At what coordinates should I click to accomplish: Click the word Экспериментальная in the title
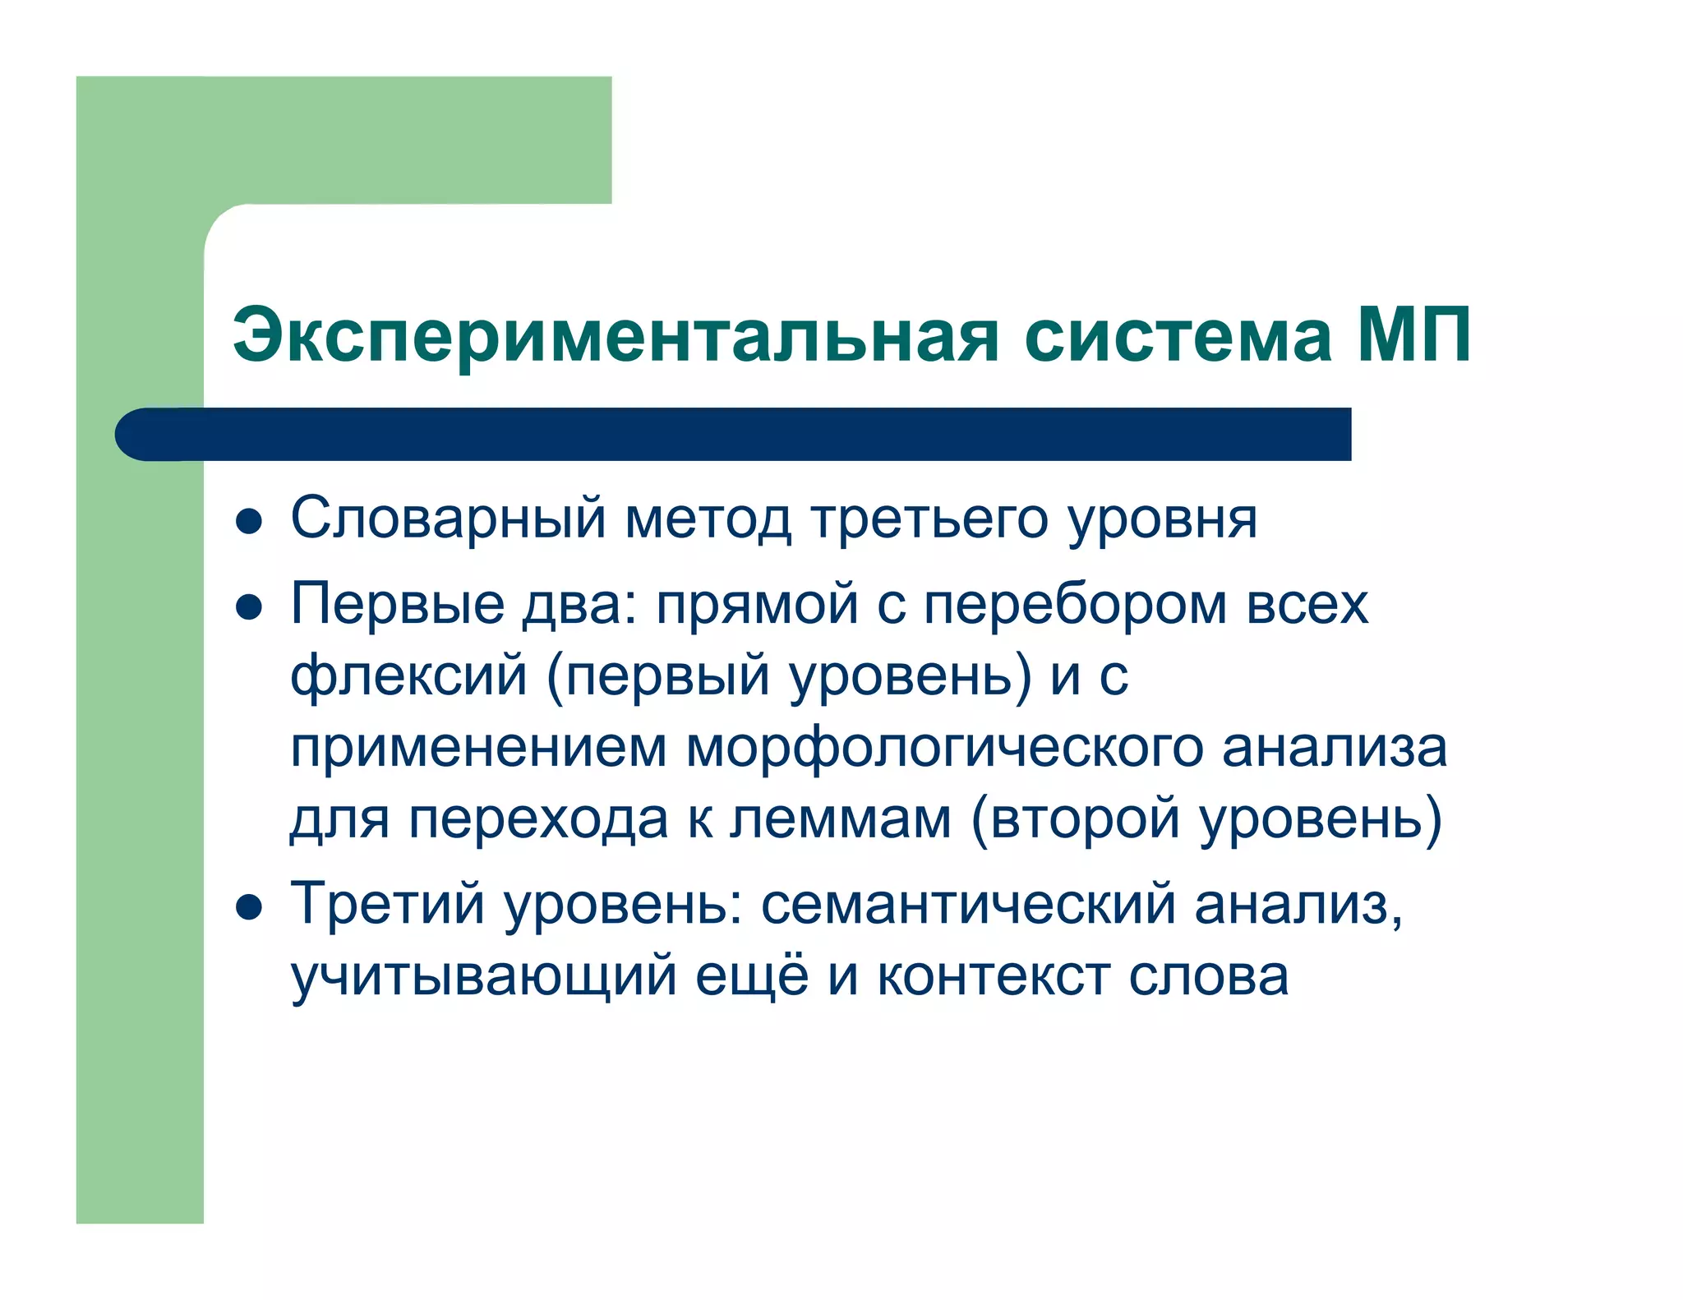coord(616,335)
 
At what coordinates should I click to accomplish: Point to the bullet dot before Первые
coord(248,607)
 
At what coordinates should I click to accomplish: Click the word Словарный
coord(448,519)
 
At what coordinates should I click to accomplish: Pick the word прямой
coord(757,606)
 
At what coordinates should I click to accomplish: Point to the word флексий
coord(408,675)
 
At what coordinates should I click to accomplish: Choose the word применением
coord(478,748)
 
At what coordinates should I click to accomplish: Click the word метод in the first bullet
coord(708,519)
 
